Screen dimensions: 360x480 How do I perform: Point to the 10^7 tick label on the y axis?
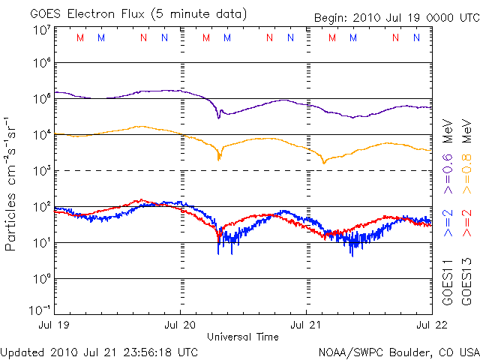[x=42, y=31]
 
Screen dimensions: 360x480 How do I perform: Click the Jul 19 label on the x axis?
[x=56, y=325]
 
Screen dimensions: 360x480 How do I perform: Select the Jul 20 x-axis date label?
[x=180, y=325]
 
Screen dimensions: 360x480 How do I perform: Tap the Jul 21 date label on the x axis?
[x=306, y=325]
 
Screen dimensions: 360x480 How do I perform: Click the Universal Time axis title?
[x=243, y=337]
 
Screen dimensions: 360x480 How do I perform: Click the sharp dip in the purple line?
[x=219, y=117]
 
